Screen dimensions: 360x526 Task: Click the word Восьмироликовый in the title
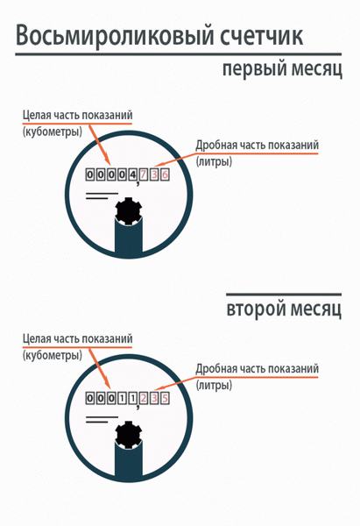115,36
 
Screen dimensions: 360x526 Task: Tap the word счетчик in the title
261,35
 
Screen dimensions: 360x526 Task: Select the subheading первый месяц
282,69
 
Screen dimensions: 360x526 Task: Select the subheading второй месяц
284,309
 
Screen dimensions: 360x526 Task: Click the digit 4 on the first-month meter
133,174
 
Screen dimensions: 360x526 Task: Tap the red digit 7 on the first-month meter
144,174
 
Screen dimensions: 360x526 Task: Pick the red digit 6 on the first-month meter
165,174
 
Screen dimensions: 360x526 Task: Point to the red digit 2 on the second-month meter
144,398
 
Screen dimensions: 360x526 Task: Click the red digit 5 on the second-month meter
165,398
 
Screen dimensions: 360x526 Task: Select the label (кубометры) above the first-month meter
53,131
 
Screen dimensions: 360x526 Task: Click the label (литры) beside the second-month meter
214,385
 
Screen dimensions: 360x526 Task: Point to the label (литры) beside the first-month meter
214,161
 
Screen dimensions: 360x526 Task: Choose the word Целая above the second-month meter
36,339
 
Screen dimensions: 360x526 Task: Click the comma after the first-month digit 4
138,183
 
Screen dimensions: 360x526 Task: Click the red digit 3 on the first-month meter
154,174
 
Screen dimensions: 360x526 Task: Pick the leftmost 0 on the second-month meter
90,398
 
